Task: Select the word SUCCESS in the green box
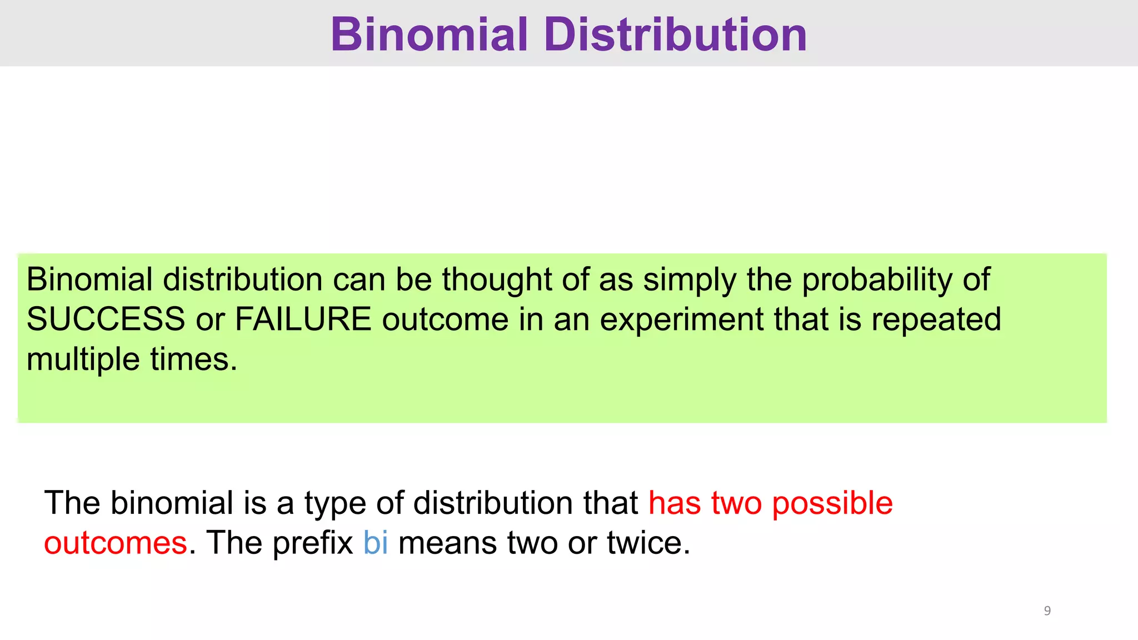click(106, 319)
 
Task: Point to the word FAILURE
click(303, 319)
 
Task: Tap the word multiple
click(83, 360)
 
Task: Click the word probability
click(877, 280)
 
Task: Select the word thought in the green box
click(496, 279)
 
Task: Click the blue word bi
click(376, 542)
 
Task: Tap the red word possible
click(832, 503)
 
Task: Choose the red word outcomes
click(116, 543)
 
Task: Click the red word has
click(675, 503)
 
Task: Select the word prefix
click(313, 543)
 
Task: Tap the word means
click(447, 543)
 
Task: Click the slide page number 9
click(1047, 611)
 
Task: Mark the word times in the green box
click(194, 359)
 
